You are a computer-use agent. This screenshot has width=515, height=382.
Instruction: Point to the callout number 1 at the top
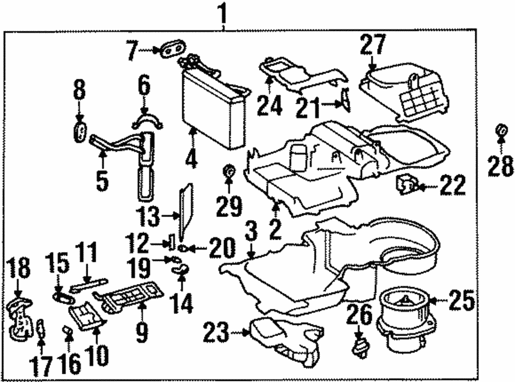click(x=223, y=11)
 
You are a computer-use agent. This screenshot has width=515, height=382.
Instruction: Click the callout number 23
click(x=216, y=333)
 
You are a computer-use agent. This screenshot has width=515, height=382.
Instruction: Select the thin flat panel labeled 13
click(x=186, y=206)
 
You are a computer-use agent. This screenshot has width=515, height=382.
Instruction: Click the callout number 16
click(x=70, y=364)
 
